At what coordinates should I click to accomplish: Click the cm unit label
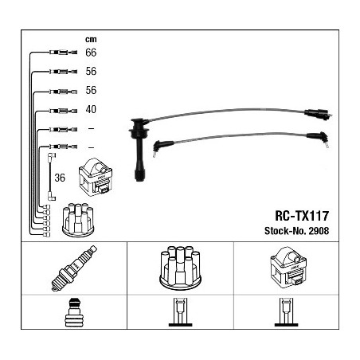91,39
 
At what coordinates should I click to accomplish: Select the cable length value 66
91,53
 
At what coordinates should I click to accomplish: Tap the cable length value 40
91,109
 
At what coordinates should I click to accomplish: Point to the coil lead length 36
60,178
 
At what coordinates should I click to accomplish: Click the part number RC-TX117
302,216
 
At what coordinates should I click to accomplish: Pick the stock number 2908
319,231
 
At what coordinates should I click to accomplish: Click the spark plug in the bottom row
74,268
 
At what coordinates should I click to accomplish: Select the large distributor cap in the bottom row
180,268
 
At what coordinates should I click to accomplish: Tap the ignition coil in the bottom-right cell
288,267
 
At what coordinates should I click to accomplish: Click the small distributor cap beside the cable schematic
78,220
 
